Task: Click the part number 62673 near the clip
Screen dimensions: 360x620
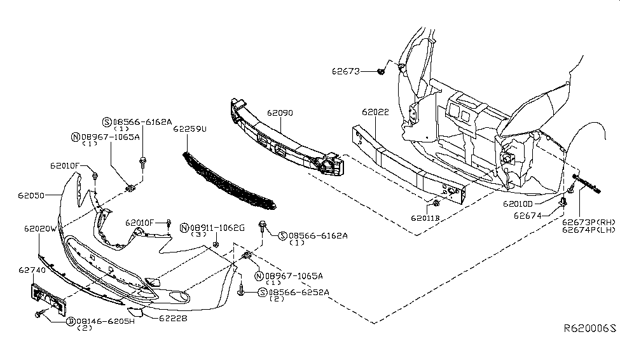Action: pyautogui.click(x=345, y=72)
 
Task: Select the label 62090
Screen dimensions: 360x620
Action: pyautogui.click(x=279, y=113)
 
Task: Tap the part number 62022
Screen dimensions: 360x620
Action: pyautogui.click(x=375, y=112)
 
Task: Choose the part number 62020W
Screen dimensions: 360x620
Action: pyautogui.click(x=41, y=228)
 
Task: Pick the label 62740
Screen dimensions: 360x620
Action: pyautogui.click(x=31, y=270)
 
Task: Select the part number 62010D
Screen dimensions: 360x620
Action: pyautogui.click(x=518, y=205)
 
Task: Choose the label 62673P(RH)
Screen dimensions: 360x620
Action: pyautogui.click(x=587, y=223)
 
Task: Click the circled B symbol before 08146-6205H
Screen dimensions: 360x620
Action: pyautogui.click(x=71, y=321)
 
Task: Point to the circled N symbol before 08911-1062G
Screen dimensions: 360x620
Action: pyautogui.click(x=184, y=227)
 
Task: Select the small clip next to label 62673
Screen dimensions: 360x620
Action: pyautogui.click(x=380, y=72)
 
